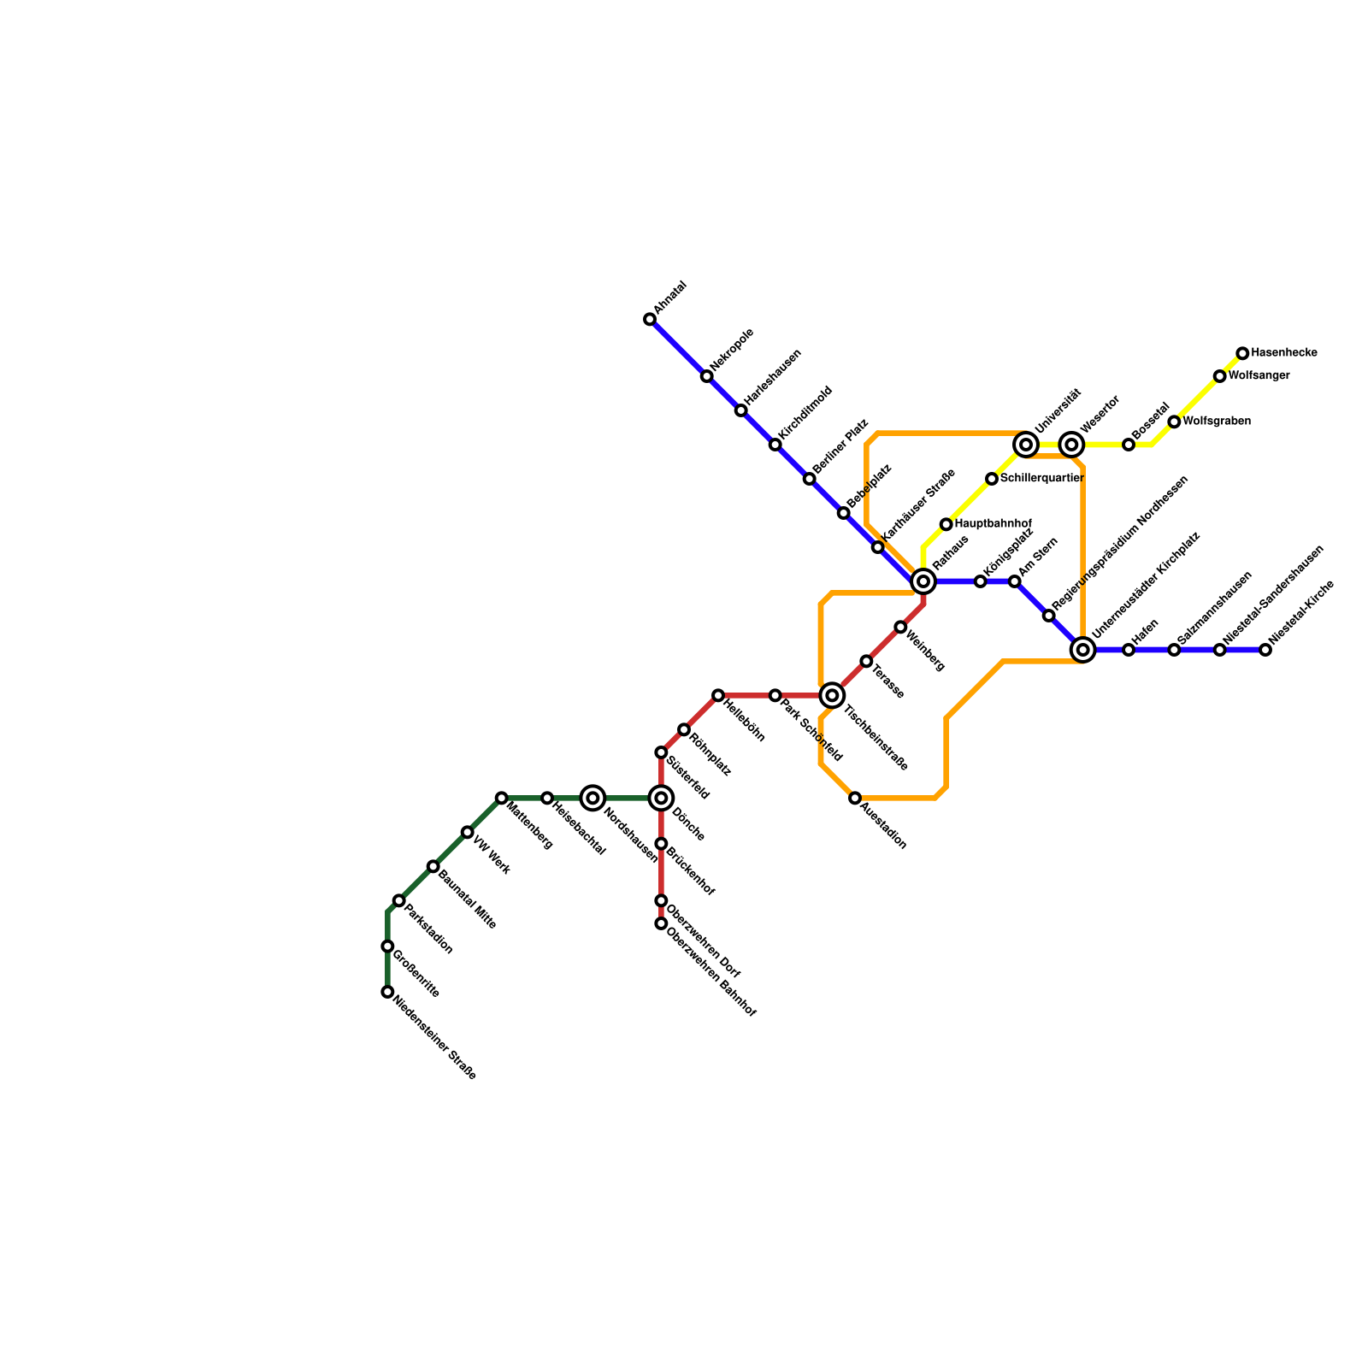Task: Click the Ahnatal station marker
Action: point(650,320)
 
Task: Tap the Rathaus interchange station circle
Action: point(923,581)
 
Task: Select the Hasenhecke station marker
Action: point(1242,353)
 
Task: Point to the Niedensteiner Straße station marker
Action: point(387,992)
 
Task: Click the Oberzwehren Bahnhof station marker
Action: point(661,923)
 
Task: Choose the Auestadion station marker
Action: point(855,798)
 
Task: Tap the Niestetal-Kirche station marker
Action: point(1265,650)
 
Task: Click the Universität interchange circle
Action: point(1026,445)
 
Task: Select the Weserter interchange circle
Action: point(1071,445)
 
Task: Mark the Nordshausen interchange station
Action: point(593,798)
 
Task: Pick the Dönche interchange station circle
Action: point(661,798)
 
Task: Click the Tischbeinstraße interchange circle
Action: point(832,695)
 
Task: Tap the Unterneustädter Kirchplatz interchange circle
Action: point(1083,650)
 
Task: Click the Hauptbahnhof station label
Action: point(993,523)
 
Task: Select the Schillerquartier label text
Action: point(1041,478)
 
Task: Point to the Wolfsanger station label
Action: point(1259,375)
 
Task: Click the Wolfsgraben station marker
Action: point(1174,422)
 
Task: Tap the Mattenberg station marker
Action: point(502,798)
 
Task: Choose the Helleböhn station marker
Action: point(718,695)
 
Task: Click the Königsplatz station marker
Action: point(981,581)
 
